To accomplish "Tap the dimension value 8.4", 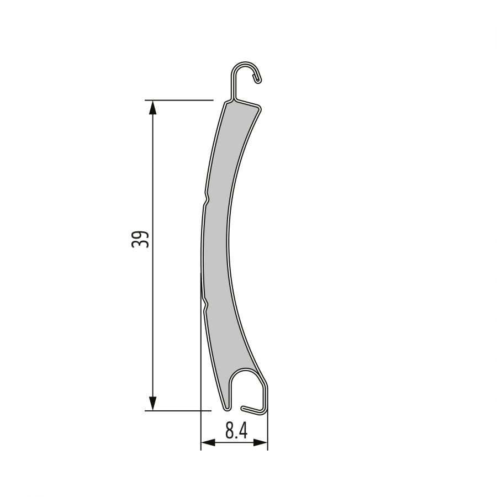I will click(x=236, y=431).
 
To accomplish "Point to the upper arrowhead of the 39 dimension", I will click(x=153, y=107).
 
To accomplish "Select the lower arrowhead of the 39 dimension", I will click(x=153, y=404).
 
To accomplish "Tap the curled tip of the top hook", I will click(x=257, y=81).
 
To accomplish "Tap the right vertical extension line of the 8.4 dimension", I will click(x=268, y=431).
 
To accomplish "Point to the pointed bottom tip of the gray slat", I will click(x=226, y=409).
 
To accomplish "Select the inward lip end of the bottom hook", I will click(x=245, y=408).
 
